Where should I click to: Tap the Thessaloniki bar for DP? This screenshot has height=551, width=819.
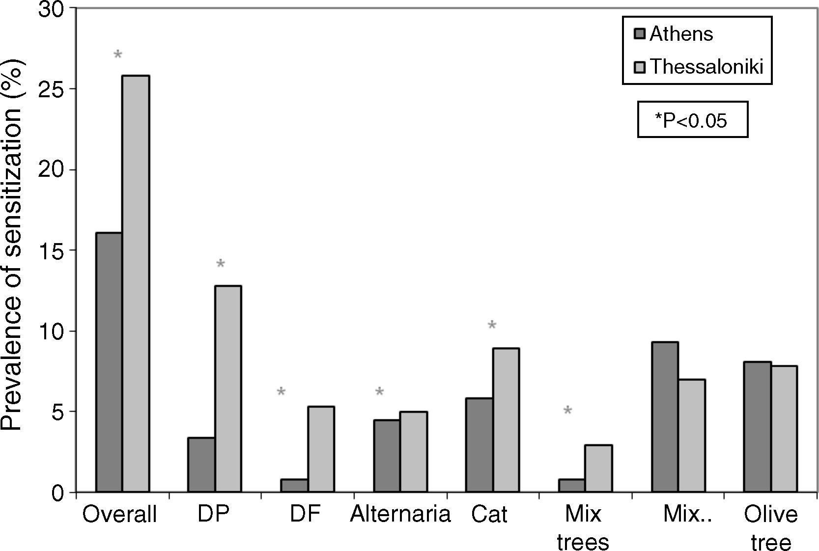tap(228, 388)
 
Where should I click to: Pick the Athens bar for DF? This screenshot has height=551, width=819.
tap(294, 485)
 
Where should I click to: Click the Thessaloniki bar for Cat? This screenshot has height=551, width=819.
tap(506, 420)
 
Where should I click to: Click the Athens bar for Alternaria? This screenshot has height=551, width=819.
tap(387, 456)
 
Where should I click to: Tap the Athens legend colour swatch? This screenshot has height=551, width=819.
tap(640, 34)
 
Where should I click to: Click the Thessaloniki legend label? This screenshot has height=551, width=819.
tap(706, 66)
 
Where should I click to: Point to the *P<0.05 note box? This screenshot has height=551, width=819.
tap(692, 119)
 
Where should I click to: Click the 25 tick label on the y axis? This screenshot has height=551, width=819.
tap(52, 89)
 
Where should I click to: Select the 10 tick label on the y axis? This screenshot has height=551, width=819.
tap(52, 331)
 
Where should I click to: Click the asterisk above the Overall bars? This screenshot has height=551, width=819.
tap(118, 55)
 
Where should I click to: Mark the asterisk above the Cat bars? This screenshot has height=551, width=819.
tap(492, 326)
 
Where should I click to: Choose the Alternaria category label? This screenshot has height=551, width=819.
tap(400, 514)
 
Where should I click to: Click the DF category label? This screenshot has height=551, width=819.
tap(305, 514)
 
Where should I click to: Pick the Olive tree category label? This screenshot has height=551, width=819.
tap(770, 528)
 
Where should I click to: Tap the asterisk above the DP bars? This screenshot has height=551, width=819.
tap(221, 264)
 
